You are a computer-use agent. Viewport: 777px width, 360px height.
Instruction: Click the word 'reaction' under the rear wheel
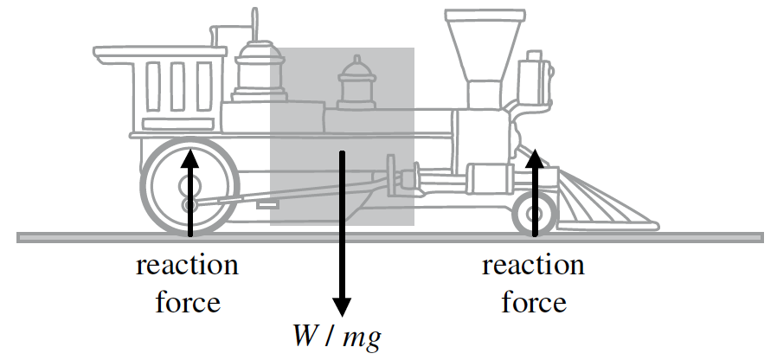(187, 265)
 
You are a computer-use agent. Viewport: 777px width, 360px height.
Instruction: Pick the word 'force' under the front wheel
(534, 302)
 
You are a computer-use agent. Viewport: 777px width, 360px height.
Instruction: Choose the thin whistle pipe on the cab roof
(254, 21)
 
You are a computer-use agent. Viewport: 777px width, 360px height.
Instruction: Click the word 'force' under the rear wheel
(187, 302)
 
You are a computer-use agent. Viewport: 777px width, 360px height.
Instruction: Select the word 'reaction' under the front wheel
(534, 265)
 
